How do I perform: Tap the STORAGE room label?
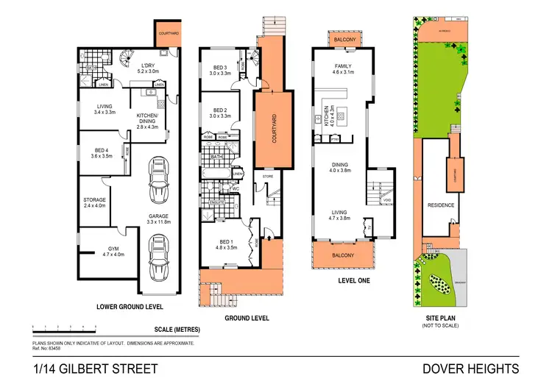(94, 200)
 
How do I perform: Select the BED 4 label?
(96, 151)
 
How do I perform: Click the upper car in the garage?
(158, 181)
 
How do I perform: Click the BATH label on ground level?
(216, 156)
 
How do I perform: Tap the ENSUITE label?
(217, 202)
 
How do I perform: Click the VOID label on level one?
(386, 200)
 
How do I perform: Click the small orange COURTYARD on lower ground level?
(166, 32)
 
